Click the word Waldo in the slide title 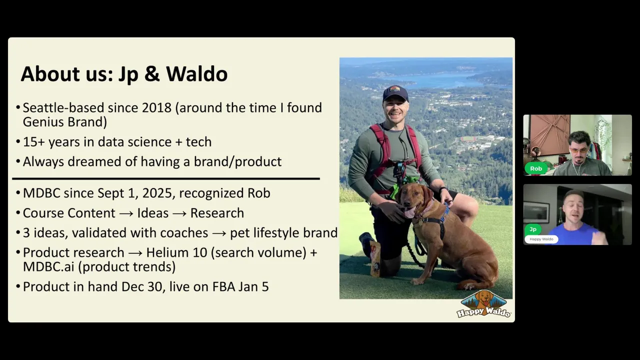[x=197, y=73]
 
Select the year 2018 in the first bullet [x=156, y=107]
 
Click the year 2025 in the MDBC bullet [x=157, y=193]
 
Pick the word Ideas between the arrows [x=153, y=213]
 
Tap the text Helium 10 [x=176, y=252]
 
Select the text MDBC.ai [x=48, y=267]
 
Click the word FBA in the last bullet [x=223, y=287]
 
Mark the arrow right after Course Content [x=126, y=213]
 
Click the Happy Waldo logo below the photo [x=483, y=304]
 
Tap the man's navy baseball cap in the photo [x=395, y=93]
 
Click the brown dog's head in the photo [x=412, y=199]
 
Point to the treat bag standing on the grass [x=375, y=259]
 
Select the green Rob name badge [x=535, y=168]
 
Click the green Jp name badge [x=533, y=229]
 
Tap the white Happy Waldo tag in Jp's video [x=541, y=239]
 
